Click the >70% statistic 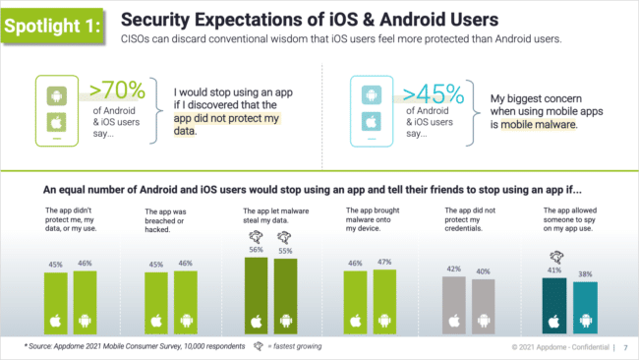tap(118, 91)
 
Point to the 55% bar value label tap(285, 251)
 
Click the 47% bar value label tap(384, 264)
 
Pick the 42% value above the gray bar tap(454, 269)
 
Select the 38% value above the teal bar tap(585, 274)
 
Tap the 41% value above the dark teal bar tap(555, 270)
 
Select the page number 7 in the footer tap(627, 348)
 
